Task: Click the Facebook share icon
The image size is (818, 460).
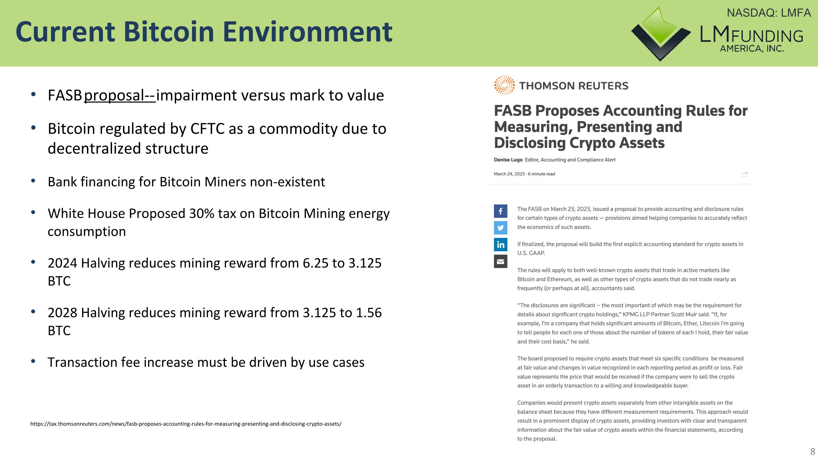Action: click(x=500, y=211)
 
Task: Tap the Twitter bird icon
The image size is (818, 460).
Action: click(x=500, y=228)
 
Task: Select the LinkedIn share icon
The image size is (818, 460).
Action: click(x=500, y=244)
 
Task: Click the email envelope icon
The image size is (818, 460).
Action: click(x=500, y=261)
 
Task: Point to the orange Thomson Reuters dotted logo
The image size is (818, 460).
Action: click(x=504, y=85)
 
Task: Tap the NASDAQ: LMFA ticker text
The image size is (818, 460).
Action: click(x=768, y=13)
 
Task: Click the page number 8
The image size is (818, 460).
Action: click(x=813, y=451)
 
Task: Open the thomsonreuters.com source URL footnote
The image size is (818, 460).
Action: click(x=186, y=424)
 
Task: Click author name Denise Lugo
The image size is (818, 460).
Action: click(x=508, y=160)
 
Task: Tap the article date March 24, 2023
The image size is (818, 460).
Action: click(x=509, y=174)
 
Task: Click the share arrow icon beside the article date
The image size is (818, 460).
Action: click(x=744, y=174)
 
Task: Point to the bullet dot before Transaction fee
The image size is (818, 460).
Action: click(x=33, y=361)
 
